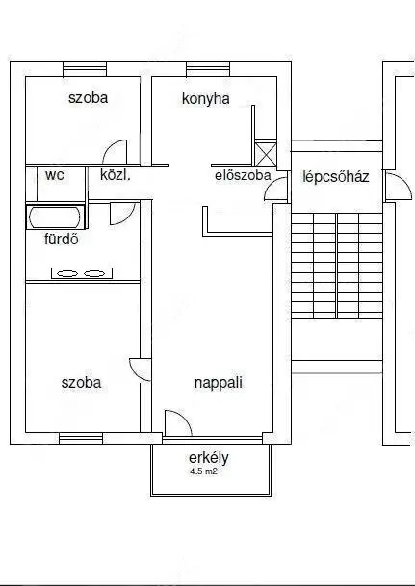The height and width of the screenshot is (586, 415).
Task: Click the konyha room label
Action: click(x=206, y=99)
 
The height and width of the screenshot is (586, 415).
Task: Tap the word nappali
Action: click(x=219, y=383)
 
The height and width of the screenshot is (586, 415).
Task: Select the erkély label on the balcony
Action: click(x=209, y=458)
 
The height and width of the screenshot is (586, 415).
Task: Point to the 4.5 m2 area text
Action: click(x=203, y=471)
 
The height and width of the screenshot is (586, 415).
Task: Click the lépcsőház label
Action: click(x=336, y=177)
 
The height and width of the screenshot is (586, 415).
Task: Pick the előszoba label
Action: click(x=243, y=175)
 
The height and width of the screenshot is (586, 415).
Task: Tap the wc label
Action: click(x=55, y=175)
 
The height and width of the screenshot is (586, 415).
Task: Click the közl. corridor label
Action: click(x=116, y=175)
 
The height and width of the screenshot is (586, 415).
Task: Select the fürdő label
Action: click(x=62, y=239)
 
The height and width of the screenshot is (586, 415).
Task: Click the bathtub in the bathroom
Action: click(x=55, y=217)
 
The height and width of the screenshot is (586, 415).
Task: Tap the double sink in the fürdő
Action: click(x=82, y=273)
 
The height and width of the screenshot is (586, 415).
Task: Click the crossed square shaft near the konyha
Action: click(x=266, y=153)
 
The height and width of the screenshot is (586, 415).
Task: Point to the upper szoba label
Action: click(x=89, y=98)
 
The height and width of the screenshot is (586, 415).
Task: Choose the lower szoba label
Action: click(x=81, y=383)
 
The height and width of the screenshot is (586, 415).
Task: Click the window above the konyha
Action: click(x=208, y=69)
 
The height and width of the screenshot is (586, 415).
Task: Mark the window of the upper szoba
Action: click(x=85, y=69)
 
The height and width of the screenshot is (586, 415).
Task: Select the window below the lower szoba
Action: click(x=81, y=439)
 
